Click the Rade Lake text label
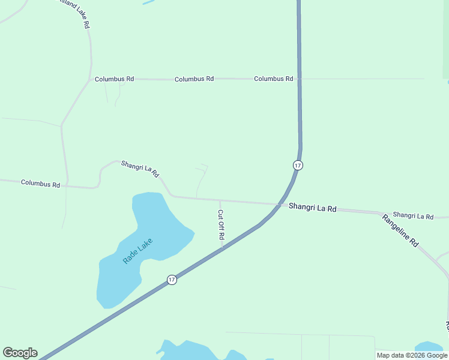click(137, 251)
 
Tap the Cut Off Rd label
click(221, 224)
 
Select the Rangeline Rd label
click(400, 230)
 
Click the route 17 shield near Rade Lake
click(172, 280)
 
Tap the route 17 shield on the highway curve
click(298, 165)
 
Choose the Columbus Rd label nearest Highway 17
click(273, 79)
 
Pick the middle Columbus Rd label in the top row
click(194, 79)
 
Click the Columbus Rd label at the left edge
click(40, 183)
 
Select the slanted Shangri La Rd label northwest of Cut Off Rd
click(140, 168)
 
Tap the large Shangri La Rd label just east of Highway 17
click(312, 207)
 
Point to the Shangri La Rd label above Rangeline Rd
click(412, 215)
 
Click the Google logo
click(20, 353)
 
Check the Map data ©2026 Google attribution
click(412, 355)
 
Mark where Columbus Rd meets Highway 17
click(299, 79)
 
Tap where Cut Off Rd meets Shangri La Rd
click(220, 200)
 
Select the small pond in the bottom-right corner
click(429, 347)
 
